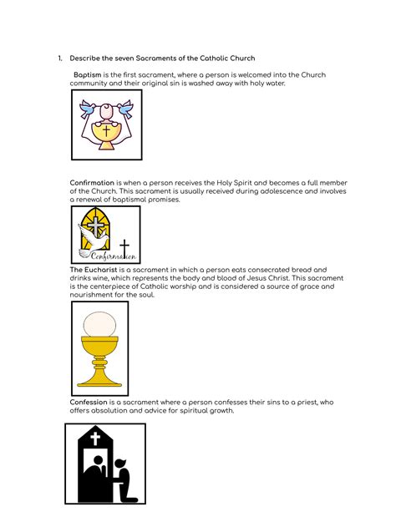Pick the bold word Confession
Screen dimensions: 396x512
point(89,402)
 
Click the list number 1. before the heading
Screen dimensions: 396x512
point(60,58)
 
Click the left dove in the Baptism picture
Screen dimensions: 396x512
point(86,107)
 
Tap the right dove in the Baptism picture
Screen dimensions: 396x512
point(125,107)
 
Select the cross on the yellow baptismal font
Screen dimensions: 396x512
point(106,131)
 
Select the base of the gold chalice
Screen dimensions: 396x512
point(99,378)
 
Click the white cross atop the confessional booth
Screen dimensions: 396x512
point(95,438)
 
